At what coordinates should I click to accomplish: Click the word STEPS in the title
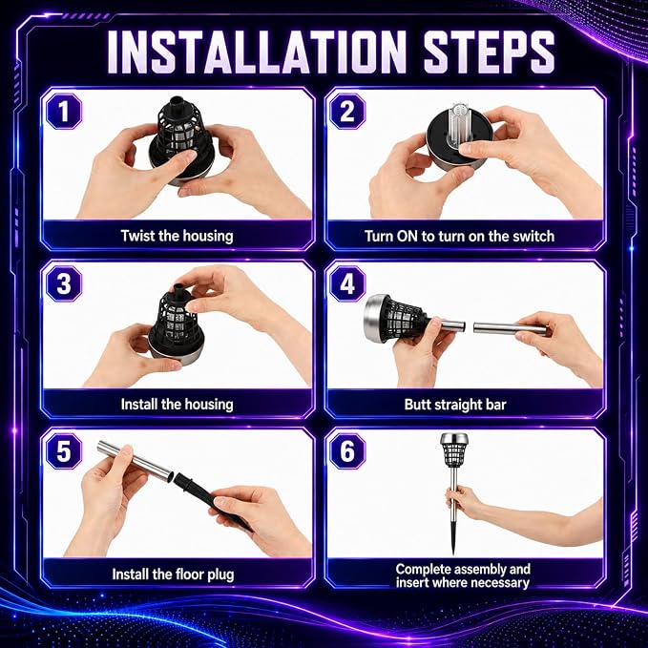tap(489, 52)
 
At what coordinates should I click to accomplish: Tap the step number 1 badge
tap(64, 111)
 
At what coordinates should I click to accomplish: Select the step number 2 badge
tap(347, 111)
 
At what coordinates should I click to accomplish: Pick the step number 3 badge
tap(64, 283)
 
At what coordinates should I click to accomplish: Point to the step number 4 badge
tap(347, 283)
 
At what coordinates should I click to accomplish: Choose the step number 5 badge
tap(64, 450)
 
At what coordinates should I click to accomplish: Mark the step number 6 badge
tap(347, 450)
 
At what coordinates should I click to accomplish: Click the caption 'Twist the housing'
tap(177, 236)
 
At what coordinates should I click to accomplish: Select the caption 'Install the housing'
tap(177, 405)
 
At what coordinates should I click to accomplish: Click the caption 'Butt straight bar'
tap(455, 405)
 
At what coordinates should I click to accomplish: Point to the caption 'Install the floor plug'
tap(173, 575)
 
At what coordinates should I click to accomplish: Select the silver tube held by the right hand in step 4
tap(510, 328)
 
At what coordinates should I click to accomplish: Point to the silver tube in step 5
tap(135, 461)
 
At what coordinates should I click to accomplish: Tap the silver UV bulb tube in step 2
tap(459, 124)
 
